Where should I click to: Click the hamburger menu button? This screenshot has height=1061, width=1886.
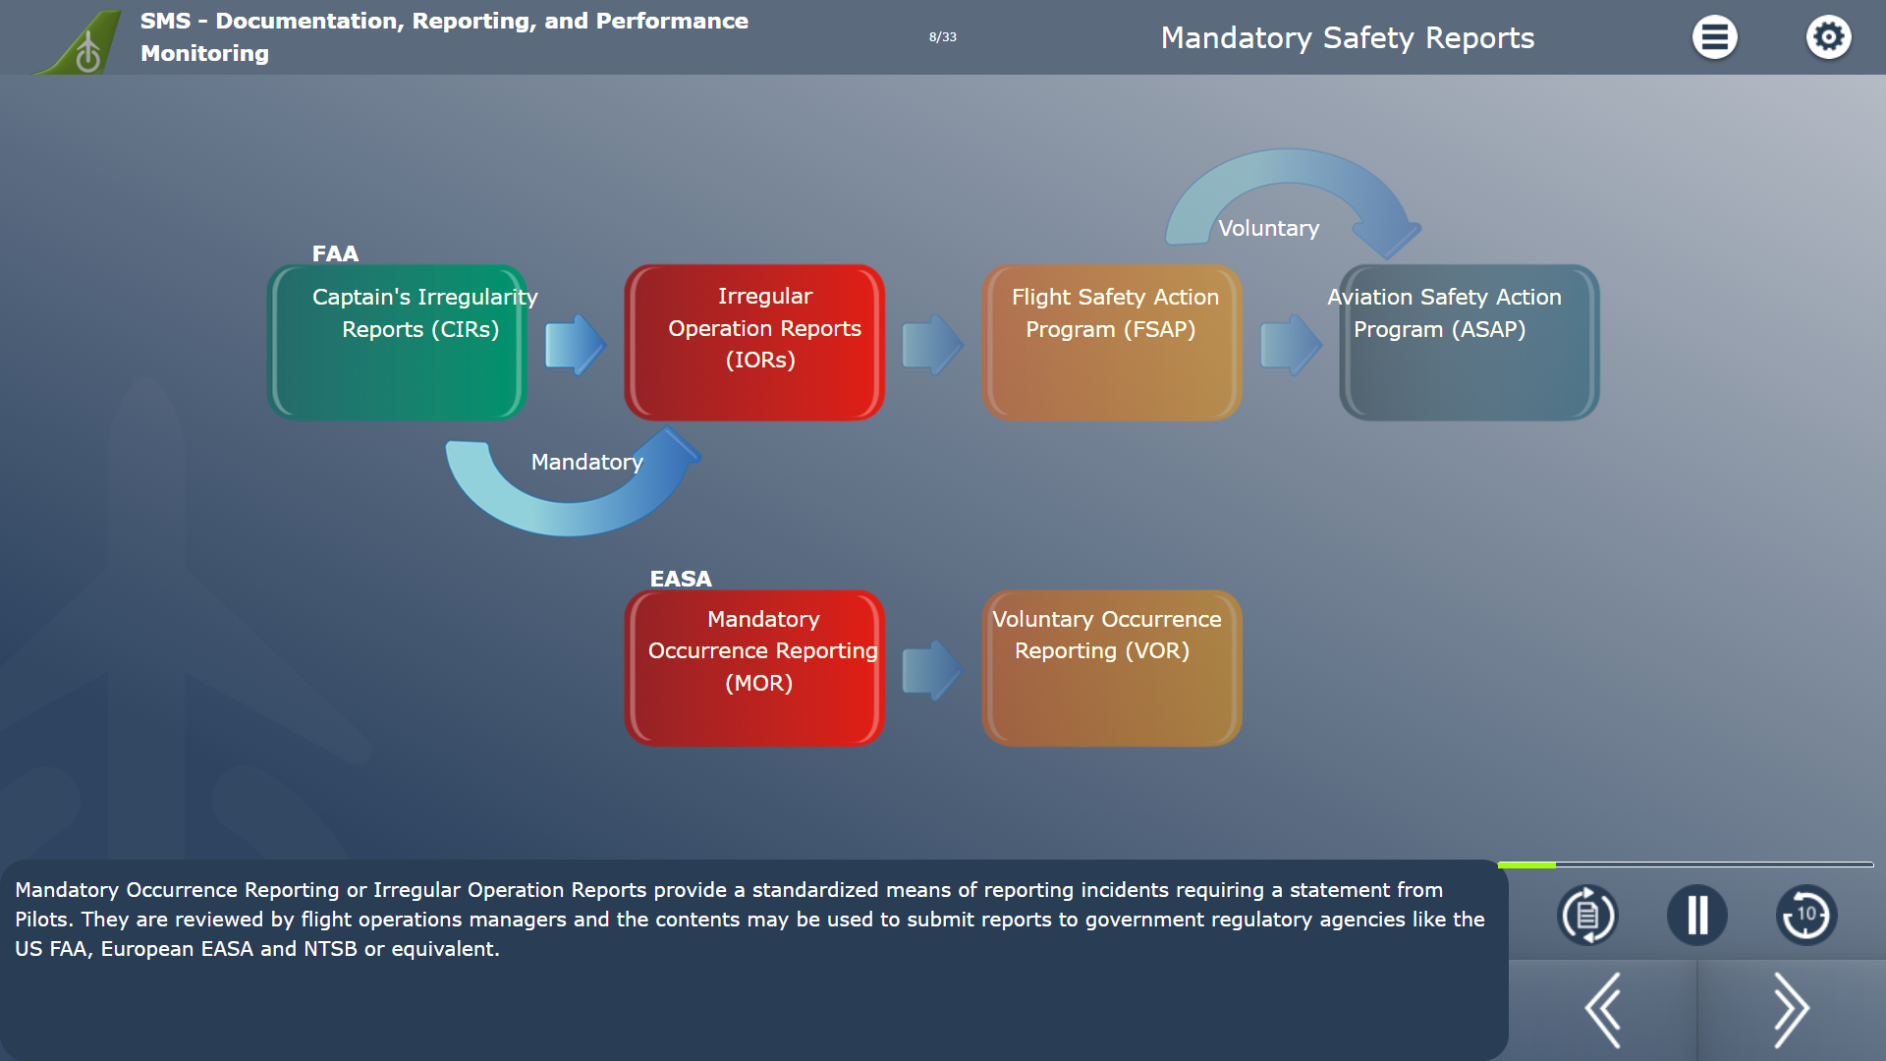[1714, 37]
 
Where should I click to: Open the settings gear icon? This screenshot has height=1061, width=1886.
[1828, 37]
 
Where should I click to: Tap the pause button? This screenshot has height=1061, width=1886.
[1696, 916]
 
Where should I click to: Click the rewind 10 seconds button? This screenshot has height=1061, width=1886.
[1806, 916]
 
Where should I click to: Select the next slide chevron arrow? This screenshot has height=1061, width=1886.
[1791, 1010]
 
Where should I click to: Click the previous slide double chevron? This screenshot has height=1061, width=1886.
[1603, 1010]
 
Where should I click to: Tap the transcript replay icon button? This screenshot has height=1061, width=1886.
[1587, 916]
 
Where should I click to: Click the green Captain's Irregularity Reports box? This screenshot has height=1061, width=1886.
[397, 343]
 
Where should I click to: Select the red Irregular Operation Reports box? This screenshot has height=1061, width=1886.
[754, 343]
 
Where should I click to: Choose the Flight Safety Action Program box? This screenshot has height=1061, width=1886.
[1112, 343]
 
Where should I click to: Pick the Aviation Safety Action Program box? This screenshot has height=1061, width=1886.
[1470, 343]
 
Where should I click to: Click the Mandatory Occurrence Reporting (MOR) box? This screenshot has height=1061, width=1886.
[754, 668]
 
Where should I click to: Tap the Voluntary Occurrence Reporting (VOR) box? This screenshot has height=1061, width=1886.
[1112, 668]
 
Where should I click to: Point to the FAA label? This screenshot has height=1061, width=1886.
[335, 253]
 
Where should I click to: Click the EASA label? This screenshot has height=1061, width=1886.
[681, 579]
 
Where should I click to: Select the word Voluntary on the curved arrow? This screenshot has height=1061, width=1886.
[1268, 228]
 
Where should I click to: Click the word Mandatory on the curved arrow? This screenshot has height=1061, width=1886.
[586, 462]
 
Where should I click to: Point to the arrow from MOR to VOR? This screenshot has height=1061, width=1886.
[932, 670]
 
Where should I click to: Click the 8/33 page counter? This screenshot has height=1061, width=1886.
[942, 37]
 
